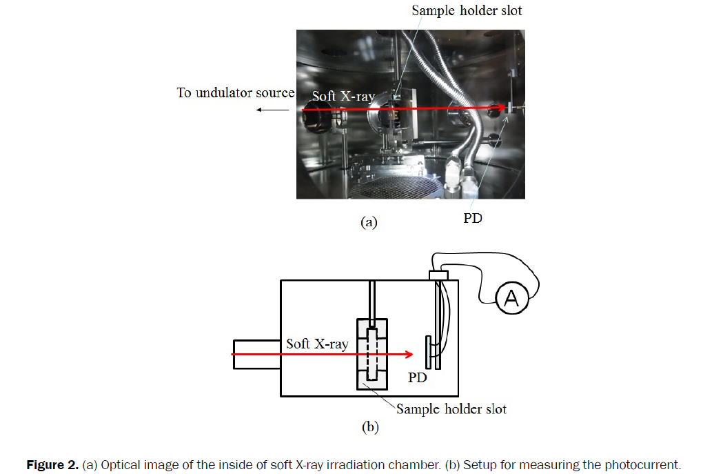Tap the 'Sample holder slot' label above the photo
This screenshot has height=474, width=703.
pyautogui.click(x=467, y=10)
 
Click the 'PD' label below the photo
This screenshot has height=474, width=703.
pyautogui.click(x=473, y=218)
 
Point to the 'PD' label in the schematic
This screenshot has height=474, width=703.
pyautogui.click(x=418, y=378)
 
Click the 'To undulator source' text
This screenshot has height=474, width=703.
pyautogui.click(x=235, y=92)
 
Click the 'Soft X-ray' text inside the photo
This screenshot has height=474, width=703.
pyautogui.click(x=343, y=96)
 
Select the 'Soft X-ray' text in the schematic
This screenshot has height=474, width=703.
pyautogui.click(x=317, y=344)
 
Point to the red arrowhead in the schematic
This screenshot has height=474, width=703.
pyautogui.click(x=409, y=355)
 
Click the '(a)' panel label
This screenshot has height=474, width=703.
pyautogui.click(x=369, y=222)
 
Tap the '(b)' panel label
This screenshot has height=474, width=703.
pyautogui.click(x=370, y=427)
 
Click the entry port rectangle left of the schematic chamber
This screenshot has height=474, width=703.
pyautogui.click(x=256, y=354)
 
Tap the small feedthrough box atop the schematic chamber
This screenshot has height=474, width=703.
pyautogui.click(x=438, y=275)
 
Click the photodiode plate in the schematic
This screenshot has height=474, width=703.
pyautogui.click(x=429, y=352)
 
